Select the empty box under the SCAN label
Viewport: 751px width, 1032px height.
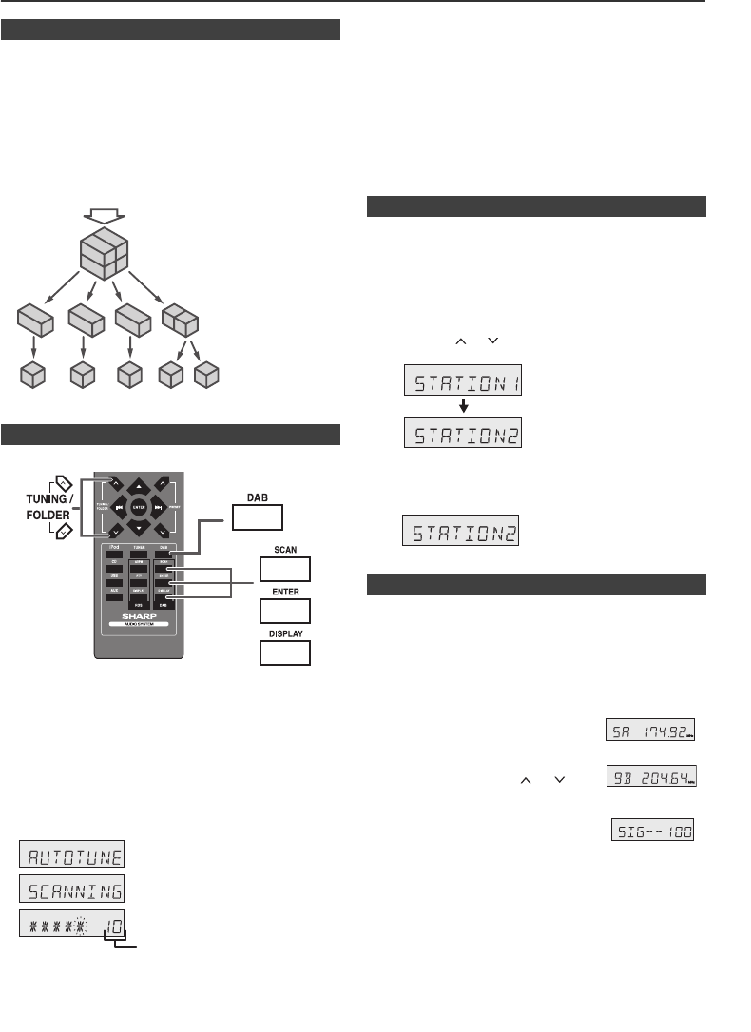pyautogui.click(x=285, y=569)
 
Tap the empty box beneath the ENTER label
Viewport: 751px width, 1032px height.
pyautogui.click(x=285, y=611)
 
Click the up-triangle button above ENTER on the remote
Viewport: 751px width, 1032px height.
pyautogui.click(x=140, y=485)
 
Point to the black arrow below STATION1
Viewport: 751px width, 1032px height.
pyautogui.click(x=463, y=406)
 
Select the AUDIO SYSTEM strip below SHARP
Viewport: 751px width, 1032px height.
pyautogui.click(x=139, y=625)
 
